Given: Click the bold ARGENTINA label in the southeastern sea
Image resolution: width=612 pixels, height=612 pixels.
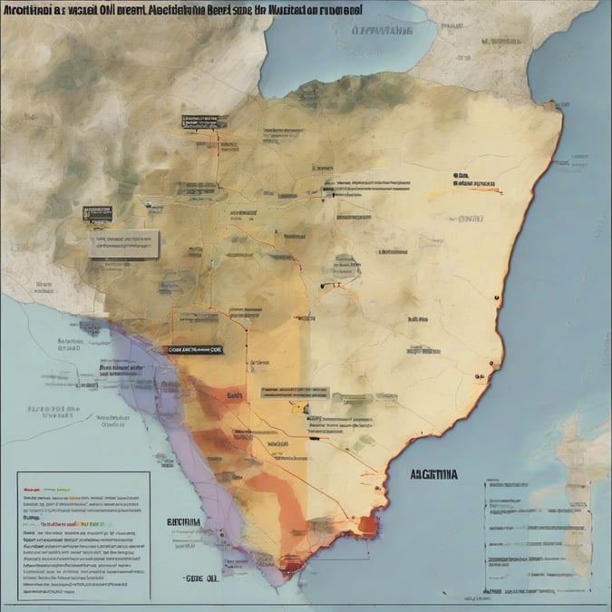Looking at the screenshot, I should point(434,473).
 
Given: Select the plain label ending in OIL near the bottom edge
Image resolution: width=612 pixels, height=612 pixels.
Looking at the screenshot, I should point(201,578).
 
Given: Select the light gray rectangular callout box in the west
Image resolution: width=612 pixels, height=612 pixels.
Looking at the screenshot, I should point(122,242).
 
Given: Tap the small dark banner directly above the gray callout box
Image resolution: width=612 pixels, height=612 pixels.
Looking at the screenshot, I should point(97,214).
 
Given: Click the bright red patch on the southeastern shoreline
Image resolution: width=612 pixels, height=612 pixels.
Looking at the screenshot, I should point(365,524).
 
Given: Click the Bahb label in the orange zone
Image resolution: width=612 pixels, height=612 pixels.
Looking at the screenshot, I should point(235,395).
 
